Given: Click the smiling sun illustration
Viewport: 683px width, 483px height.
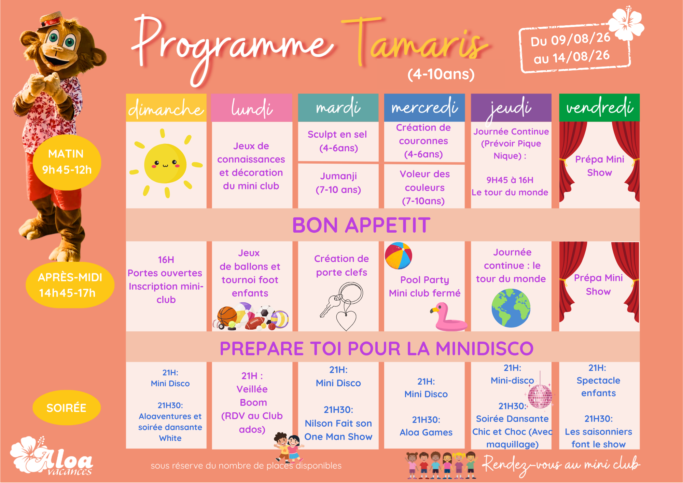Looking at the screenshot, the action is [x=166, y=163].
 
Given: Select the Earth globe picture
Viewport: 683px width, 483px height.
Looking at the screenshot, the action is [x=511, y=308].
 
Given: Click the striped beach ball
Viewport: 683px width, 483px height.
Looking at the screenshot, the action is [x=398, y=256].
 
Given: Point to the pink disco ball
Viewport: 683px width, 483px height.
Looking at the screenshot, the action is [x=540, y=396].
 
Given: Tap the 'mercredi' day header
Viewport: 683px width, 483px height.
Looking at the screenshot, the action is [x=424, y=108].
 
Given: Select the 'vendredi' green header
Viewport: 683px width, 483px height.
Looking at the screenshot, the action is [x=599, y=108].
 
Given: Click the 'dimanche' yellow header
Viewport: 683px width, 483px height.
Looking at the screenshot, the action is [x=166, y=108].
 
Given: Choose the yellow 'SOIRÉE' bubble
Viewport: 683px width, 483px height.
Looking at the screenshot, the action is [x=67, y=408].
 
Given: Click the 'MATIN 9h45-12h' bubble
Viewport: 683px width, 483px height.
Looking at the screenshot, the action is [x=67, y=162].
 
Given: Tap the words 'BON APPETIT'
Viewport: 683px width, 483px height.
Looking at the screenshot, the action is [x=361, y=225].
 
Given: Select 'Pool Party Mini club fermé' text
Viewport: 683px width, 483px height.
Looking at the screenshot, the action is [x=424, y=286].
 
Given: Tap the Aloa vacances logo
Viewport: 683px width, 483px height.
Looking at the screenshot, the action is [x=51, y=456].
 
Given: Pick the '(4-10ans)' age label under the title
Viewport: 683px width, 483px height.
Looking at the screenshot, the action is [x=441, y=74].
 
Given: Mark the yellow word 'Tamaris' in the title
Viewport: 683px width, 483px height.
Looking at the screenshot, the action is [x=415, y=43].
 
